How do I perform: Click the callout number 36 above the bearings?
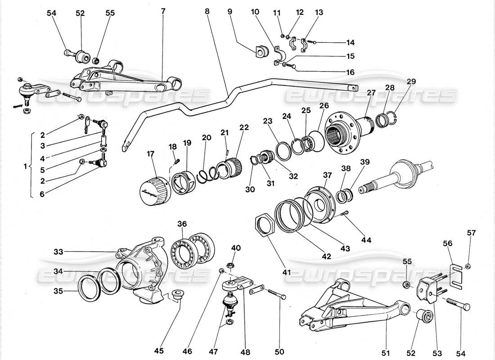click(x=181, y=223)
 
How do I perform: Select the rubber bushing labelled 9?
click(x=260, y=51)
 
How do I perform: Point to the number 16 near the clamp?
click(x=350, y=72)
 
